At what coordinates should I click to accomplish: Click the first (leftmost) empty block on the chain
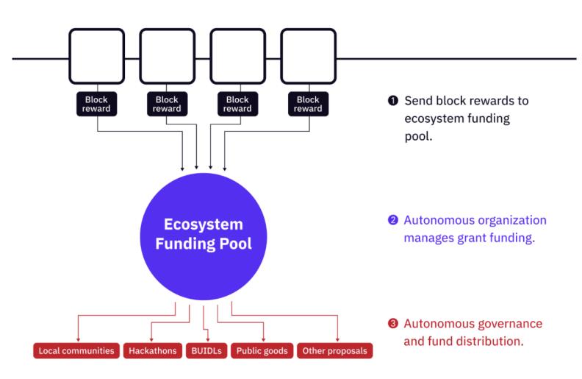96,57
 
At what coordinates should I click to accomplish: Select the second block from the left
167,57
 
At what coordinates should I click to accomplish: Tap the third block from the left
237,57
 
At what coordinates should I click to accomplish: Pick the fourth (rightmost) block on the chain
308,57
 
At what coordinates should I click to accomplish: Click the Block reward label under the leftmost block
96,104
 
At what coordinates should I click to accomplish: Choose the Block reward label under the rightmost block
308,104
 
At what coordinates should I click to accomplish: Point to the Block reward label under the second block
167,104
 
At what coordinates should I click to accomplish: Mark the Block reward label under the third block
237,104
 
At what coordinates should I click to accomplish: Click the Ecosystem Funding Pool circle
202,234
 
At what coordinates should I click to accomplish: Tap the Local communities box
76,350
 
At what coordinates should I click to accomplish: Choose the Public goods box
262,350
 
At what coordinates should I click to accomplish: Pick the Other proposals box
334,350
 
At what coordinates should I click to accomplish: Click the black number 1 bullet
393,101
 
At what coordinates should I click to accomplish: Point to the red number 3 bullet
393,325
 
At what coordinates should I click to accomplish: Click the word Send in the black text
418,101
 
